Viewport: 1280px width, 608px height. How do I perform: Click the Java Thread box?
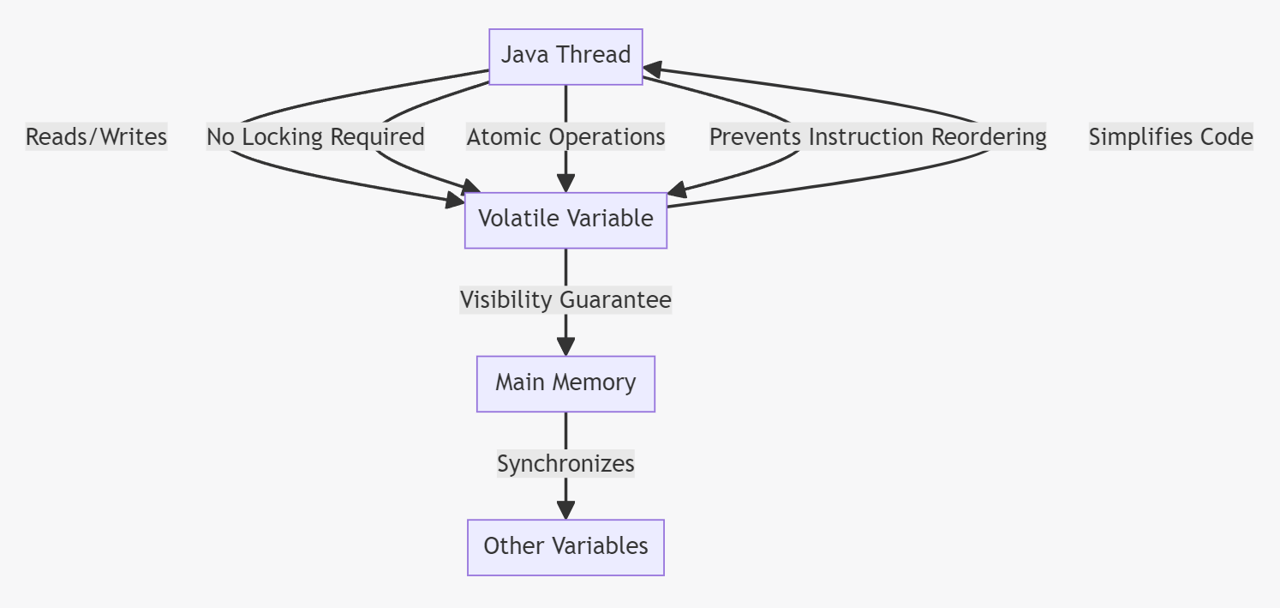pos(565,57)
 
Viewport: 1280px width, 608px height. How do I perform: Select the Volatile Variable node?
pos(565,220)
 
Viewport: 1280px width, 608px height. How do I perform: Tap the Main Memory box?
pos(565,384)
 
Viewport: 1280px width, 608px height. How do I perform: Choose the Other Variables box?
pos(565,547)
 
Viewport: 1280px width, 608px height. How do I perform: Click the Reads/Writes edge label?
pos(96,136)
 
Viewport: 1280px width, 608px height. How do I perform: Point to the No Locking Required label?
pos(315,136)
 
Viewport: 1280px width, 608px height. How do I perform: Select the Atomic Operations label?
pos(565,136)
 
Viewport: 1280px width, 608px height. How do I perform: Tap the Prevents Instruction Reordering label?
pos(877,136)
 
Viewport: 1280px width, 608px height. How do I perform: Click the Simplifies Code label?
pos(1171,136)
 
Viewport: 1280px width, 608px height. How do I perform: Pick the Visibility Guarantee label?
pos(565,299)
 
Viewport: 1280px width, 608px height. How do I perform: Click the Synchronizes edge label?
pos(565,463)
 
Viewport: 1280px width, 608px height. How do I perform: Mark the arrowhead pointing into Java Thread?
pos(653,69)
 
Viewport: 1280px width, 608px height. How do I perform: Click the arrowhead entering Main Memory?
pos(565,346)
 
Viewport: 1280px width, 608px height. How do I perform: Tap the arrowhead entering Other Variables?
pos(565,510)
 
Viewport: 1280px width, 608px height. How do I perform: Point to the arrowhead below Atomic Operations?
pos(565,183)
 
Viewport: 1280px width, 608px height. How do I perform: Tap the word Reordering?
pos(989,136)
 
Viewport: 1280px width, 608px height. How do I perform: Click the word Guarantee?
pos(615,299)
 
